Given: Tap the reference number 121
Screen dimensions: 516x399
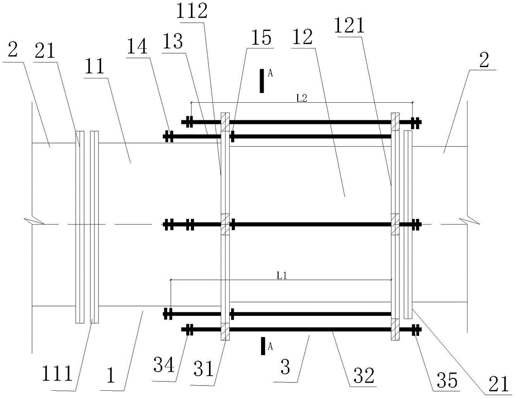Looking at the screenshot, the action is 349,25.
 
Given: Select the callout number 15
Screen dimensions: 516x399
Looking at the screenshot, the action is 262,38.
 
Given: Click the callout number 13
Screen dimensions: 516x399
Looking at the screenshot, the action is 173,42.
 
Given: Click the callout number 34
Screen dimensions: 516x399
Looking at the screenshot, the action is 164,365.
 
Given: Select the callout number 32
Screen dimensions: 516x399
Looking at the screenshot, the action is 364,375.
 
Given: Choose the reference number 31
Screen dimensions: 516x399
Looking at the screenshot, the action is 204,369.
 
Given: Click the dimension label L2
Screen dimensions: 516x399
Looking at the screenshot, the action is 302,99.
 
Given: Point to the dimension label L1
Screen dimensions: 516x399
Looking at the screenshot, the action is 282,276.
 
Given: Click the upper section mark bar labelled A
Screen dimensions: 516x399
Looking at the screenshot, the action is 262,81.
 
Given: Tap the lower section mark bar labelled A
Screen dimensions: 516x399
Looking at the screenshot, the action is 263,346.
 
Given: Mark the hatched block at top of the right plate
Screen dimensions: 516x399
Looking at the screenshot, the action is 395,121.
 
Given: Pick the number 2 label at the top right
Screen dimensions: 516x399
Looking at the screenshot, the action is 483,60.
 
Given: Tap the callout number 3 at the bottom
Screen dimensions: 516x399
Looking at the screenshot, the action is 285,366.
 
